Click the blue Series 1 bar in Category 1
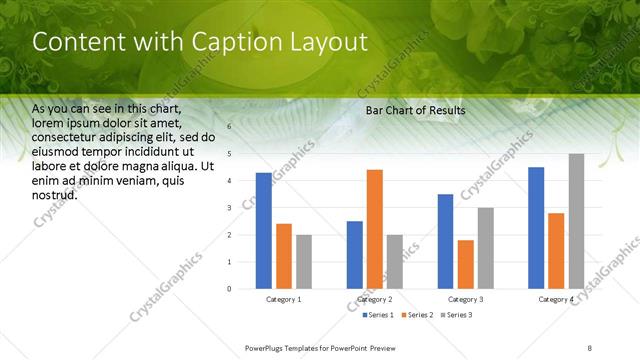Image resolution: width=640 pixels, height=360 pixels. pos(263,231)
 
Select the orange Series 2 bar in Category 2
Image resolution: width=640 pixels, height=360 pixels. pos(375,229)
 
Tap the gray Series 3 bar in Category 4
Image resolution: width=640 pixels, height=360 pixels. pos(576,221)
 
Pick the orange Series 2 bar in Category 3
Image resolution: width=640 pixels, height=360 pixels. pos(466,264)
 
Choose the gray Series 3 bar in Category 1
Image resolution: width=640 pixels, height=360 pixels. pos(303,262)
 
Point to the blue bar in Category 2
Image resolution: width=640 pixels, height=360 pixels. pos(355,255)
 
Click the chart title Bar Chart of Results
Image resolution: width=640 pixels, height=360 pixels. pos(415,109)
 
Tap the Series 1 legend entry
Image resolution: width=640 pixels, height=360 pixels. pos(376,315)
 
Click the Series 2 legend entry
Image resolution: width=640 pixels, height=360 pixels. pos(417,315)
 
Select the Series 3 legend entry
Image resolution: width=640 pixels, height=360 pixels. pos(456,315)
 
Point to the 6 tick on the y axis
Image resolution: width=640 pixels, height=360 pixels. pos(229,127)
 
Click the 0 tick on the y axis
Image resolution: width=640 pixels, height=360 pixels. pos(229,289)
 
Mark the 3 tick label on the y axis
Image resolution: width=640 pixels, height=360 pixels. pos(229,208)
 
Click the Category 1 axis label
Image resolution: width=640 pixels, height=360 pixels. pos(284,299)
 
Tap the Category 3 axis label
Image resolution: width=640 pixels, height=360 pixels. pos(466,299)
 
